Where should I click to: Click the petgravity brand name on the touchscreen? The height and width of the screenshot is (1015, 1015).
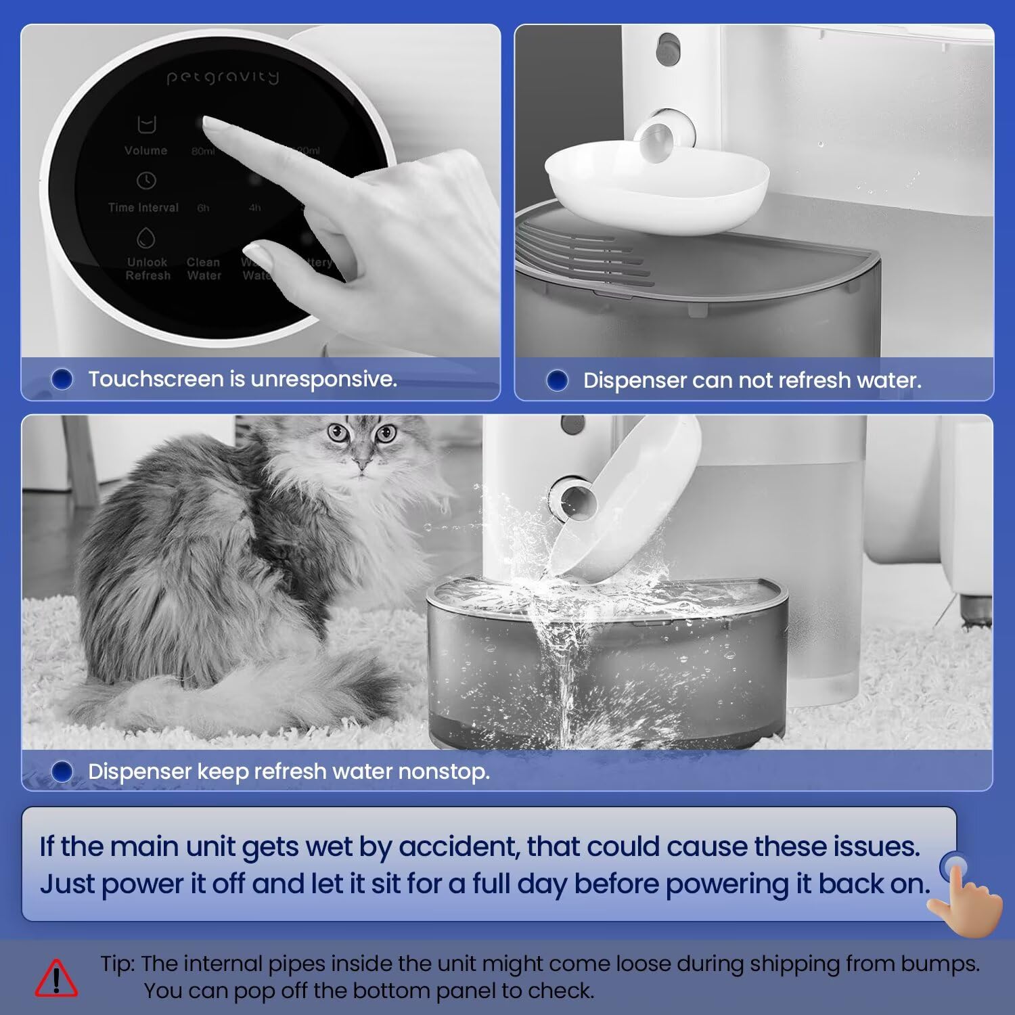(x=223, y=77)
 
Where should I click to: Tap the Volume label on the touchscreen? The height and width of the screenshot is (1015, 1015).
(x=145, y=150)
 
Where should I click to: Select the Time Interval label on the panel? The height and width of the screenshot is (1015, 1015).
(x=143, y=208)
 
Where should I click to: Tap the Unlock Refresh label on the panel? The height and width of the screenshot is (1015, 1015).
(x=148, y=269)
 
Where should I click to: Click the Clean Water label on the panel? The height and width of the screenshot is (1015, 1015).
(x=204, y=269)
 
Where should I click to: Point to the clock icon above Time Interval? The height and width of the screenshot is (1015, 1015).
(x=146, y=181)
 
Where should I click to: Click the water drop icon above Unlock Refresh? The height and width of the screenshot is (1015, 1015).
(x=146, y=238)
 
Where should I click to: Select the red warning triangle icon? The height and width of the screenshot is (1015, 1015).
(x=56, y=978)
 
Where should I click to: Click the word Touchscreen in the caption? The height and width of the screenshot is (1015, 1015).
(x=156, y=379)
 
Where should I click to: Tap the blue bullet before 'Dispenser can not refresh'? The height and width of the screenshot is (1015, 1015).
(x=557, y=380)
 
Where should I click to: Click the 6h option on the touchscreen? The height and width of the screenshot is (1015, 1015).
(x=203, y=208)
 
